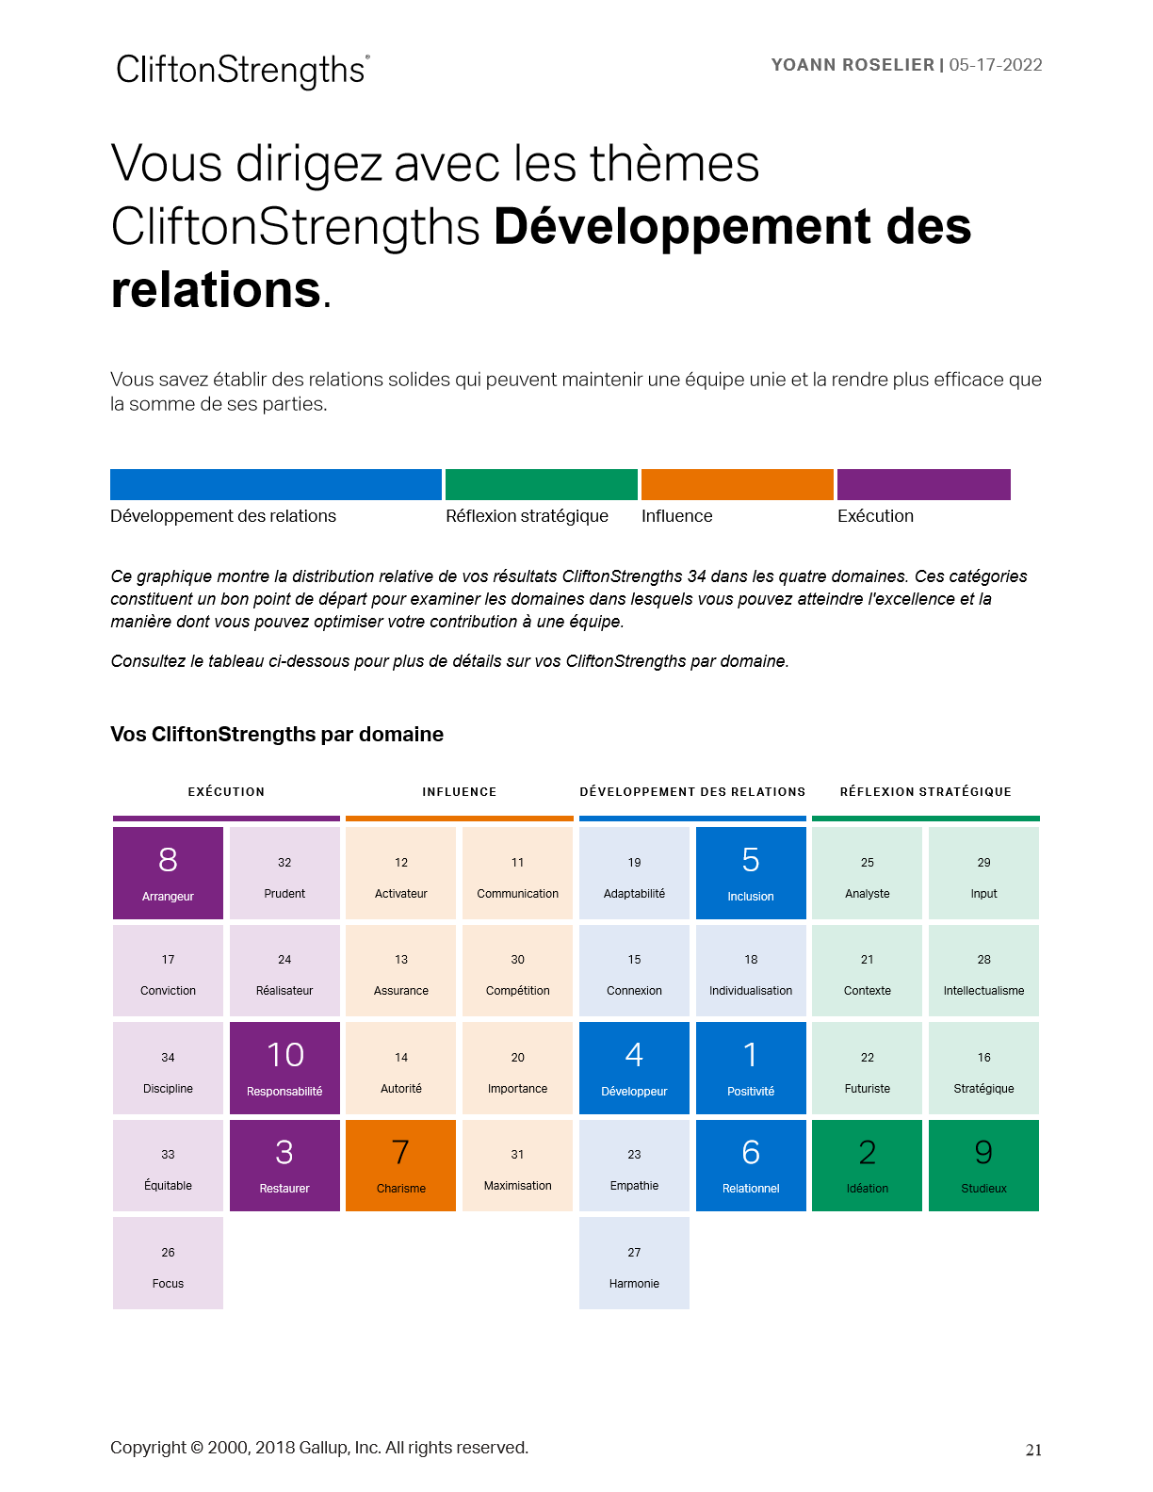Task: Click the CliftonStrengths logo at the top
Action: (242, 71)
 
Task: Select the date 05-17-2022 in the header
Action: (996, 65)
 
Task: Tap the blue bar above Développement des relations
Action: (275, 484)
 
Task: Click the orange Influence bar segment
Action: (737, 484)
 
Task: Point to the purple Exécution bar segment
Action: (923, 484)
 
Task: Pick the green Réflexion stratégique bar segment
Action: (541, 484)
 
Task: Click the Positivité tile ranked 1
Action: (751, 1068)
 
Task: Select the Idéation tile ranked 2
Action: (867, 1165)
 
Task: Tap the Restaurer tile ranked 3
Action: (284, 1165)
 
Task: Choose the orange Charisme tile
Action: (401, 1165)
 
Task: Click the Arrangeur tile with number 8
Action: (168, 873)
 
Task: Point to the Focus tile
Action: (168, 1263)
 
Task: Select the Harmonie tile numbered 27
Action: (634, 1263)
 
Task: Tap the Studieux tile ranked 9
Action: (983, 1165)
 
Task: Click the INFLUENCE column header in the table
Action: (459, 792)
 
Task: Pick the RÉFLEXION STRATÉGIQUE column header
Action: (925, 792)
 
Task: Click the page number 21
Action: (1033, 1451)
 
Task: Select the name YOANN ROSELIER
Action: (853, 65)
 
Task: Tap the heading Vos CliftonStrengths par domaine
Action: (277, 735)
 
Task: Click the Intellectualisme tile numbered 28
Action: (983, 971)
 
